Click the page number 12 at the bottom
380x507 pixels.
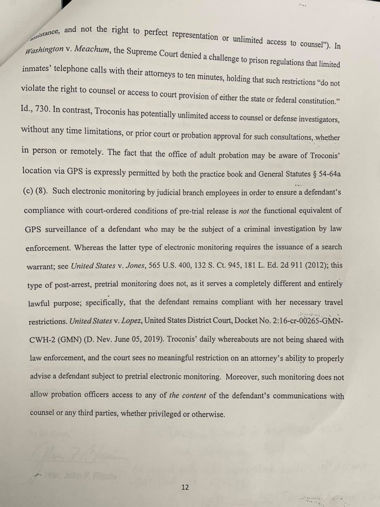[x=185, y=487]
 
